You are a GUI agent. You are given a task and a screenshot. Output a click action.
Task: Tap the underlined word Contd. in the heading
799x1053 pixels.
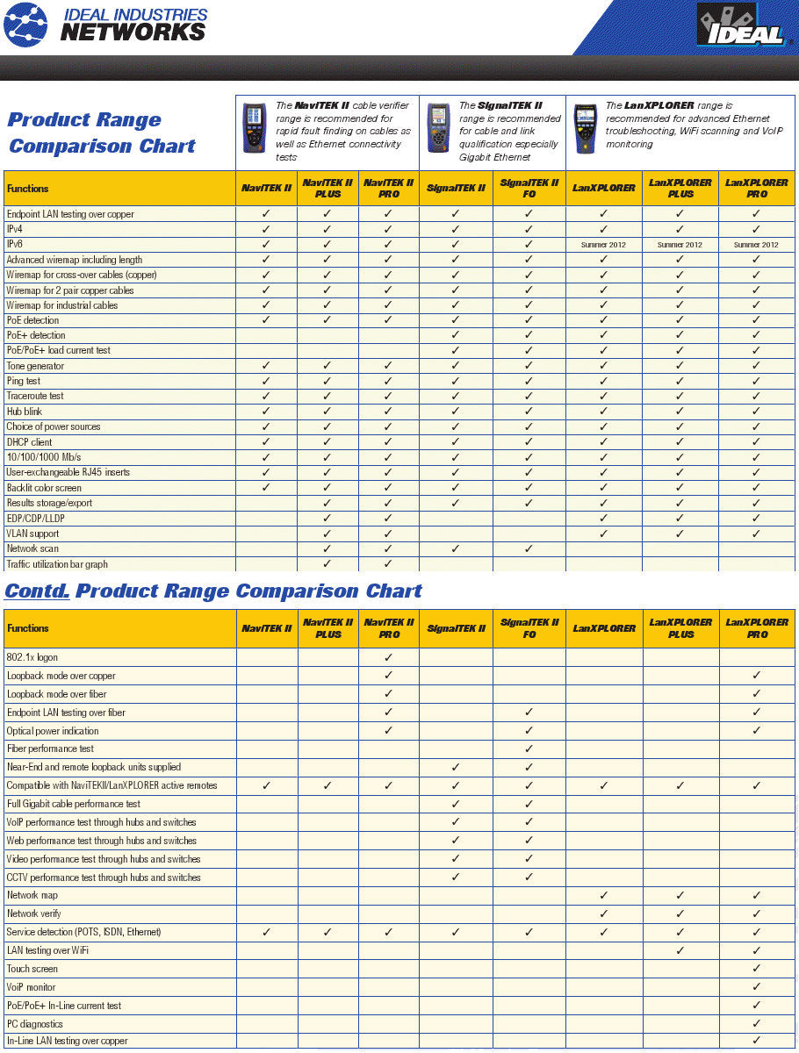pos(37,591)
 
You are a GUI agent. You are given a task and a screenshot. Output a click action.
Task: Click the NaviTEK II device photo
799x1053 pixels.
pos(256,128)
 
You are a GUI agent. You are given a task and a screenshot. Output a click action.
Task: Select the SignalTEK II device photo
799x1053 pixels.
pos(438,128)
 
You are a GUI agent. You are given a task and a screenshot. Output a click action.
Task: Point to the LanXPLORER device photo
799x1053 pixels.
pos(585,128)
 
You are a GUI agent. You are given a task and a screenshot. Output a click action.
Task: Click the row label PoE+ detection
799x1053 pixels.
pos(36,335)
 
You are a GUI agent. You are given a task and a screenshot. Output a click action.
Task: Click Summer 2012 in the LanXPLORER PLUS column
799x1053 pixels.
pos(680,245)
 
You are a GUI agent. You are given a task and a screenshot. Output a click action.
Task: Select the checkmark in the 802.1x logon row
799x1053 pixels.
pos(388,657)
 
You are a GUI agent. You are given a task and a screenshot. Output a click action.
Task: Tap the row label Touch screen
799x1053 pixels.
pos(32,969)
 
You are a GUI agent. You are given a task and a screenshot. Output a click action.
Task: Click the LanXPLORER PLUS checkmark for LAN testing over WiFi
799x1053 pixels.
pos(680,950)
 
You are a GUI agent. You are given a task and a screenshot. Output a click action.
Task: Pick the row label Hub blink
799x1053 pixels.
pos(25,412)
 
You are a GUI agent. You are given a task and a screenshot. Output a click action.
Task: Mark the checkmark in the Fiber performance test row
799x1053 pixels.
pos(529,749)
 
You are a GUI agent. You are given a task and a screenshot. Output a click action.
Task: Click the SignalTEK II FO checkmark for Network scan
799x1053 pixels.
pos(529,548)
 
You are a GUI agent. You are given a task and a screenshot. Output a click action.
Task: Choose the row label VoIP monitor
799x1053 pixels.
pos(32,987)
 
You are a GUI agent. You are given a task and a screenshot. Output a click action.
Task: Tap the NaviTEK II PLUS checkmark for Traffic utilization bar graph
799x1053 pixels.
pos(328,564)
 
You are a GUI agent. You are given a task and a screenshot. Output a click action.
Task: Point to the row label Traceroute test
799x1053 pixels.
pos(35,396)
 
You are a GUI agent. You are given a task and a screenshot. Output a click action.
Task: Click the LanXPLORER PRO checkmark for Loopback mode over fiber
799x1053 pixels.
pos(756,694)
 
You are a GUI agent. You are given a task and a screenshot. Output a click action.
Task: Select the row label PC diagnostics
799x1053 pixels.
pos(35,1024)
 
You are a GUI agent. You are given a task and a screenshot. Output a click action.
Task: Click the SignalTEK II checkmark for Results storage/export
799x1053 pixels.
pos(455,503)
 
